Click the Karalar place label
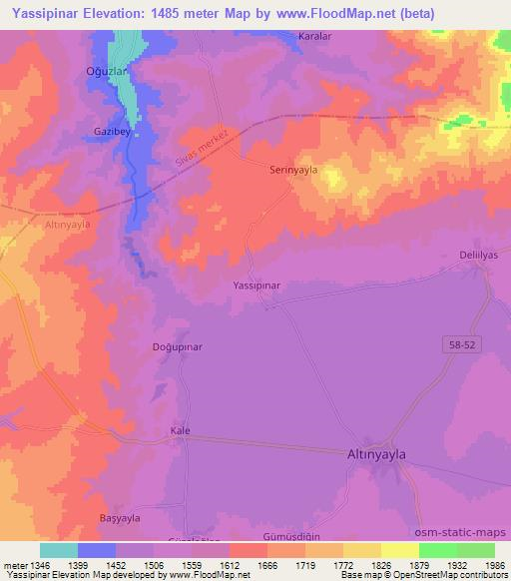tap(314, 36)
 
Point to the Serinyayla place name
tap(293, 170)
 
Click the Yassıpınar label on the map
tap(256, 286)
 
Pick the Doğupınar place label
tap(180, 345)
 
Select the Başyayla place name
tap(120, 517)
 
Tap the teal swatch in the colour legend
tap(59, 550)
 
